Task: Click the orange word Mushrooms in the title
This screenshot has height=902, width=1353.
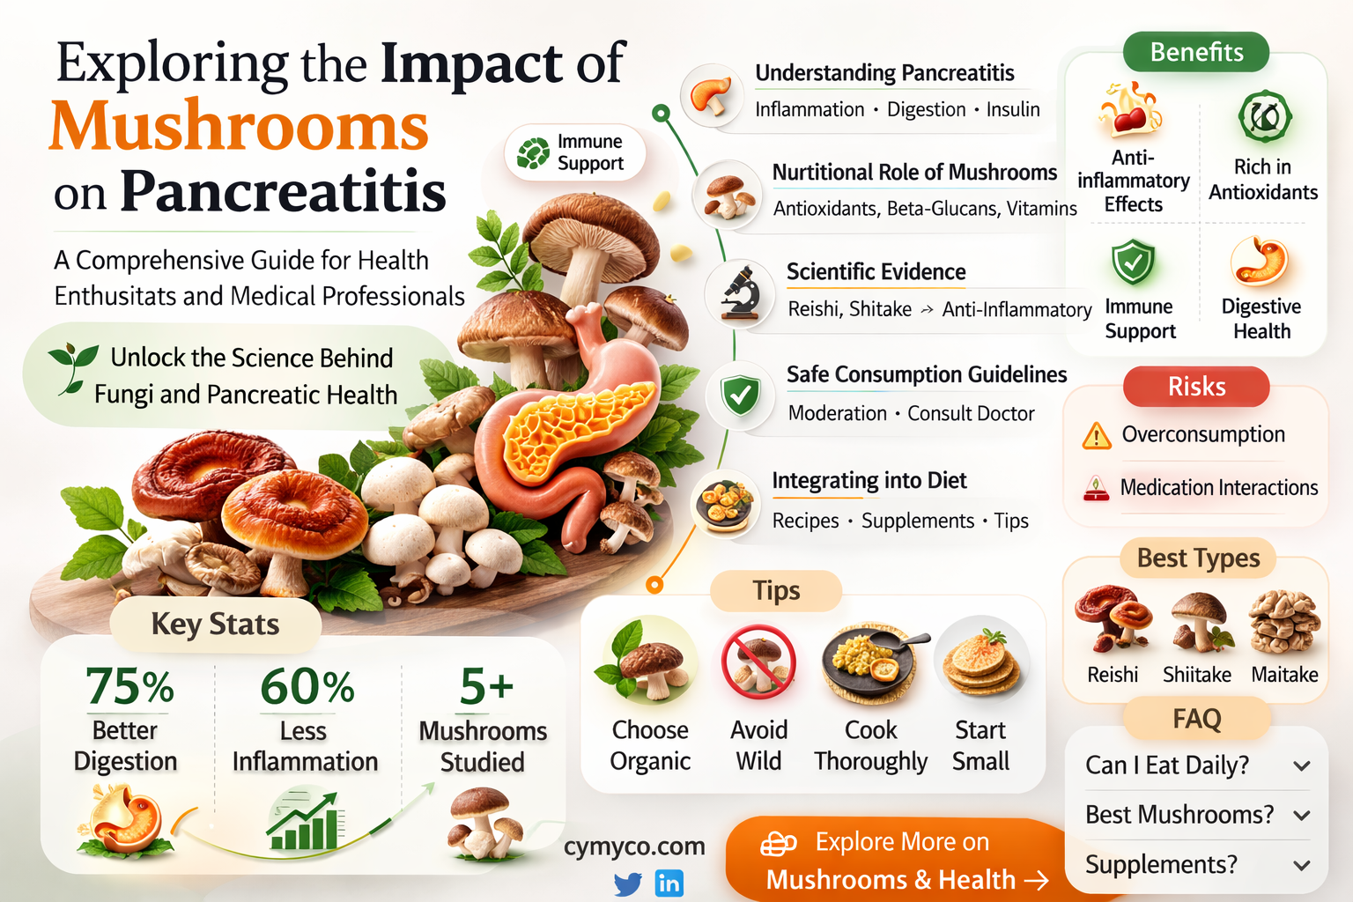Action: tap(239, 127)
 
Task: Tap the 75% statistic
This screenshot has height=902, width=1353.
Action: tap(129, 686)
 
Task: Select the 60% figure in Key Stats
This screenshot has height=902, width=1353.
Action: tap(307, 686)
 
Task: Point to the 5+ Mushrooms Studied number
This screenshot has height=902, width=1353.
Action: tap(485, 686)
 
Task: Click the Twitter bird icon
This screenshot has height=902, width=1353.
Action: tap(627, 883)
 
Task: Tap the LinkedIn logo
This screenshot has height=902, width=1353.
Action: tap(669, 883)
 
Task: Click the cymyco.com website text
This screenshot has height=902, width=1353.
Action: tap(634, 847)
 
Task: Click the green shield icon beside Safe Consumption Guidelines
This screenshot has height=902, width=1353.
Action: tap(740, 396)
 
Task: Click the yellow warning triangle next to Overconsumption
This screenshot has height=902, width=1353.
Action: tap(1096, 435)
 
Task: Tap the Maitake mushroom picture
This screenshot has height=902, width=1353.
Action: tap(1284, 622)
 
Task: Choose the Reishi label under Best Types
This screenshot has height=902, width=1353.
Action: tap(1113, 675)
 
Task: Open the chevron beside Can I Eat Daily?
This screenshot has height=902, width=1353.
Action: tap(1302, 766)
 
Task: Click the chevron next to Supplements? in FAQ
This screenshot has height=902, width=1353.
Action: tap(1302, 866)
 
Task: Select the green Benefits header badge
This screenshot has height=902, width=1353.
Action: tap(1196, 52)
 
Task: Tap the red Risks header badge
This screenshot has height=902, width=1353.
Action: tap(1196, 387)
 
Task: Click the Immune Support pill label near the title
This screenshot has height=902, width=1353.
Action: tap(575, 152)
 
